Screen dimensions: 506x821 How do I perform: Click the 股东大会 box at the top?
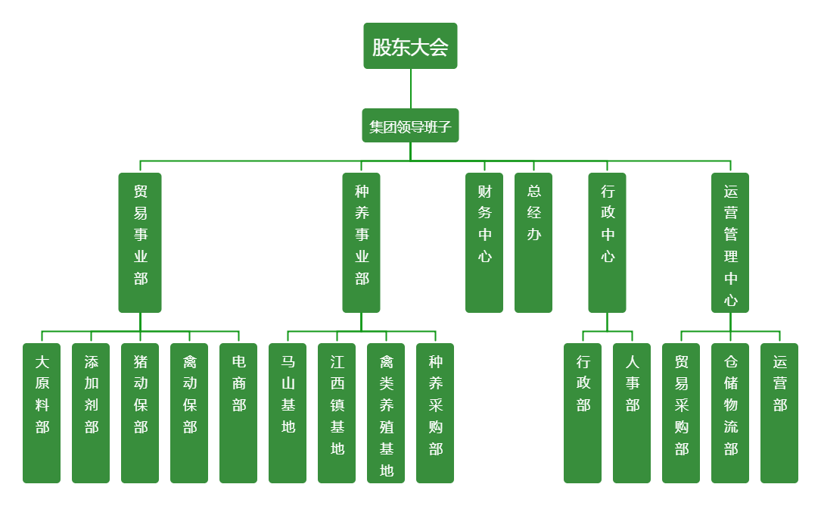[x=410, y=46]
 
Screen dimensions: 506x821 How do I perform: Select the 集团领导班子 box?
[x=410, y=126]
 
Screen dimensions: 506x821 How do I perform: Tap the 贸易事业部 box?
[x=140, y=242]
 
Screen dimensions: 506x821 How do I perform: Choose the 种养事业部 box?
[x=361, y=242]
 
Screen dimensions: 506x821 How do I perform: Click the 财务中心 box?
[x=484, y=242]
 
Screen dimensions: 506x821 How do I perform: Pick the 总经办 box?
[x=533, y=242]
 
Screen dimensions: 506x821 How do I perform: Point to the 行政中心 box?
[x=607, y=242]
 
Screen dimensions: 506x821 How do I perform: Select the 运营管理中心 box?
[x=730, y=242]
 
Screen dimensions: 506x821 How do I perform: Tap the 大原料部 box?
[x=42, y=413]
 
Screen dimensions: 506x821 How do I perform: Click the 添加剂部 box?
[x=91, y=413]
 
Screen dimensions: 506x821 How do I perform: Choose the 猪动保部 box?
[x=140, y=413]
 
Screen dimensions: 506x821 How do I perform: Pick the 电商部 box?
[x=238, y=413]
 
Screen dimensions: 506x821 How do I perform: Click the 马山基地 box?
[x=288, y=413]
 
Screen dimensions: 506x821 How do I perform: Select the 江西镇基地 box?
[x=337, y=413]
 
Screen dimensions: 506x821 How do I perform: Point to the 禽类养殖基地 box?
[x=386, y=413]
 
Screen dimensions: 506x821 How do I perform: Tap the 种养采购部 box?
[x=435, y=413]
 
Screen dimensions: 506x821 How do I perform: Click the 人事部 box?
[x=632, y=413]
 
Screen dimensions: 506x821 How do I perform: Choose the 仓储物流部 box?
[x=730, y=413]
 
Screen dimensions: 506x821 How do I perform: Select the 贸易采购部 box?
[x=681, y=413]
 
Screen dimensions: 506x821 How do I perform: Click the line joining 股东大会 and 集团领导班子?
[x=411, y=89]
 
